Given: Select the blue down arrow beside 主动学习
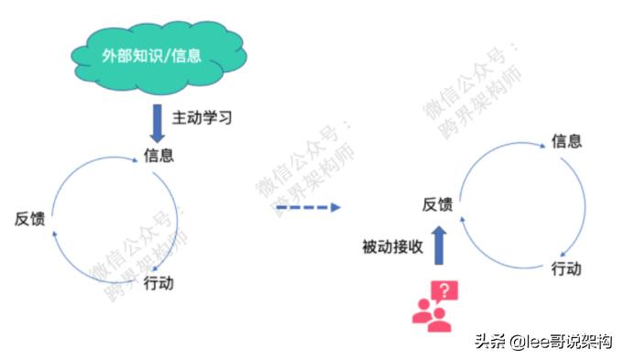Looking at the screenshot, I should pyautogui.click(x=157, y=121).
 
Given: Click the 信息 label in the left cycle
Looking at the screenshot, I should pyautogui.click(x=158, y=154).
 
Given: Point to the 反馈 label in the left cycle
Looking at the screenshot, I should pyautogui.click(x=29, y=218).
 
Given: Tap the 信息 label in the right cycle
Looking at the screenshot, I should pyautogui.click(x=566, y=141).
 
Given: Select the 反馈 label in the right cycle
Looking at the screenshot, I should pyautogui.click(x=437, y=204).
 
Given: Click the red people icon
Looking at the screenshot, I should pyautogui.click(x=430, y=314).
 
